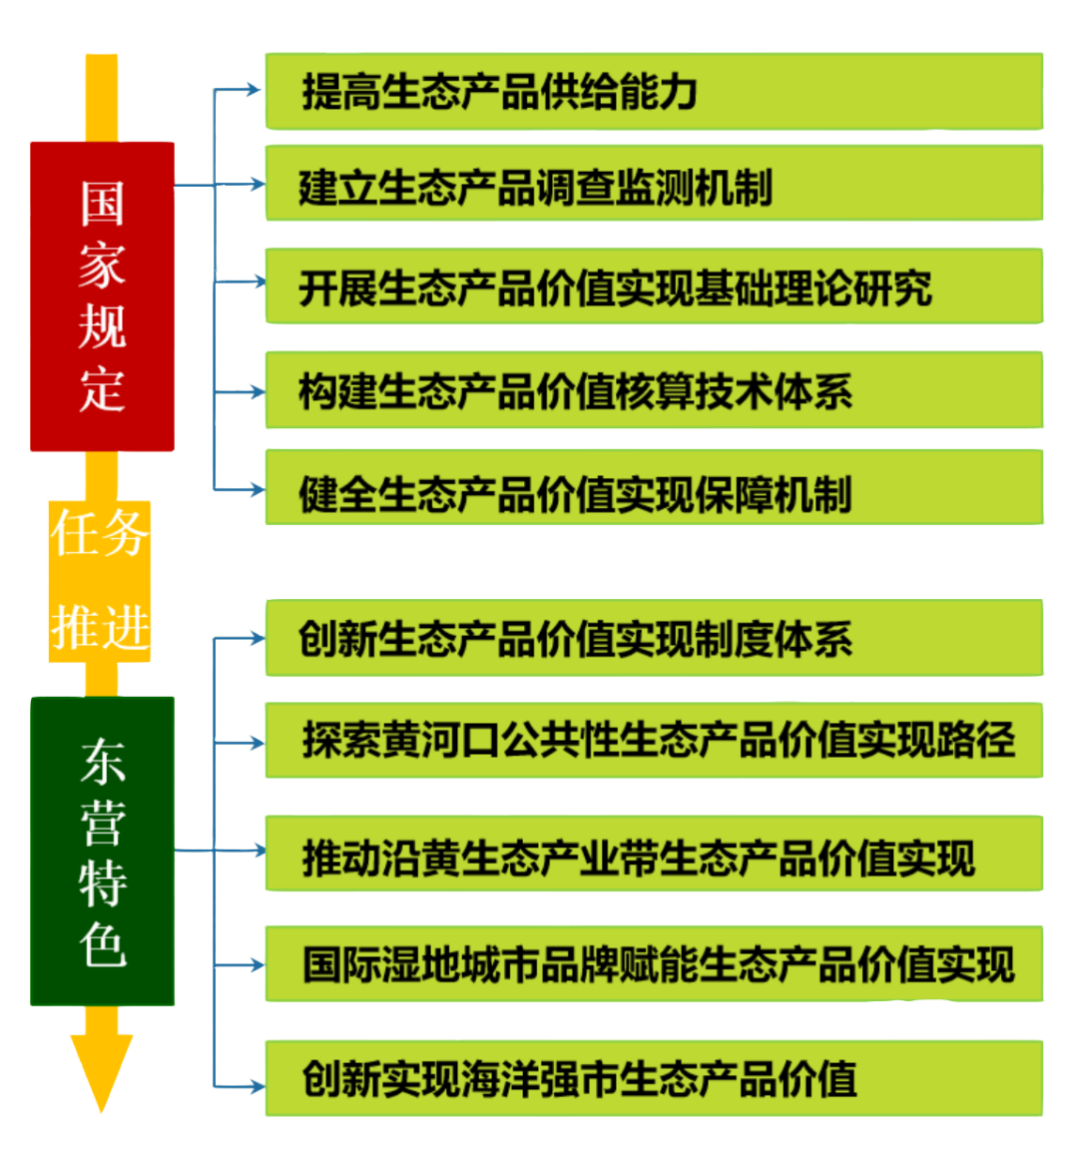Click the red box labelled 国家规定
click(102, 295)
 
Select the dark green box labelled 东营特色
click(102, 851)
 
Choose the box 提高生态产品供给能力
click(654, 92)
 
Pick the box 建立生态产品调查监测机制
click(654, 184)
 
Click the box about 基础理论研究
click(654, 287)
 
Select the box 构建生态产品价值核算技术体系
click(654, 390)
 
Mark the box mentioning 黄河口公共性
click(654, 741)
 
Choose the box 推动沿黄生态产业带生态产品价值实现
click(654, 855)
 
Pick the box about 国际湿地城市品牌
click(654, 964)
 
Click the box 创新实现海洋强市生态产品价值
click(654, 1078)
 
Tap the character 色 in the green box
click(102, 943)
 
